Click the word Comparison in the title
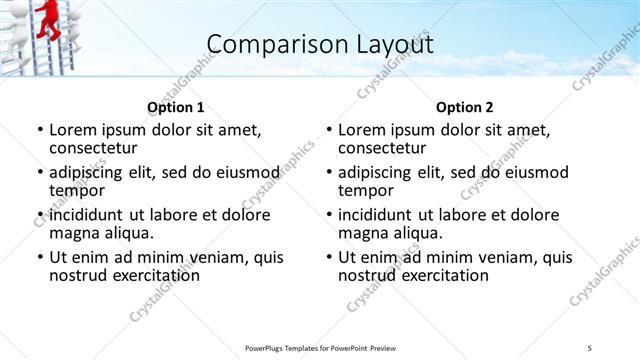[268, 44]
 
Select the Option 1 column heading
[175, 107]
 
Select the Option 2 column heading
[464, 107]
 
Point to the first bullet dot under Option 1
[39, 130]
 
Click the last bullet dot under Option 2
[328, 258]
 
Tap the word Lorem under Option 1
[72, 130]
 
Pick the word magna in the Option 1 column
[74, 233]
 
